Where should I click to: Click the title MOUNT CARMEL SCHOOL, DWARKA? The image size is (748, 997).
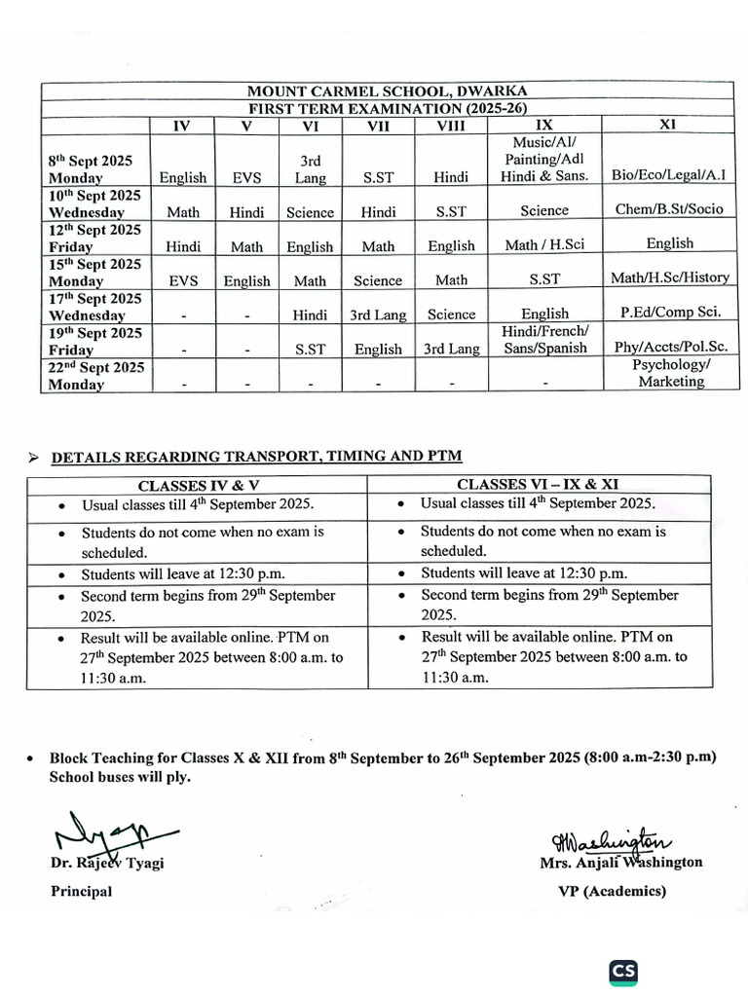pos(387,92)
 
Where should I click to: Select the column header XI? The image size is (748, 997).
pos(667,125)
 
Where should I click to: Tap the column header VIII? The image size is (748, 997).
pos(451,126)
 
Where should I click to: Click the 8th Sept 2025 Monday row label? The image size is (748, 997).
pos(91,168)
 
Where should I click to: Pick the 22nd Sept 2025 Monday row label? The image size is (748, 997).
pos(96,375)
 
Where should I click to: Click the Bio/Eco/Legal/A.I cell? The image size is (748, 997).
pos(669,175)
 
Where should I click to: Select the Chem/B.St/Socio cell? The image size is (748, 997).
pos(669,209)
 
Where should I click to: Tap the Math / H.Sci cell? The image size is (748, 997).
pos(544,244)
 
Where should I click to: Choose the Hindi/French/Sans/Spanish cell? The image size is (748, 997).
pos(544,340)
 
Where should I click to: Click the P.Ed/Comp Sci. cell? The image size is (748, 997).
pos(669,312)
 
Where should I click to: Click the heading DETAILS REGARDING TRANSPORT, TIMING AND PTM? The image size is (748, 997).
pos(256,456)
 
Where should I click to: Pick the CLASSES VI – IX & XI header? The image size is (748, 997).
pos(538,484)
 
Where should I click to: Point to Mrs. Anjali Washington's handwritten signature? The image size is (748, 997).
pos(611,840)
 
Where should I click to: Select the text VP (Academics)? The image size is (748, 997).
pos(612,891)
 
